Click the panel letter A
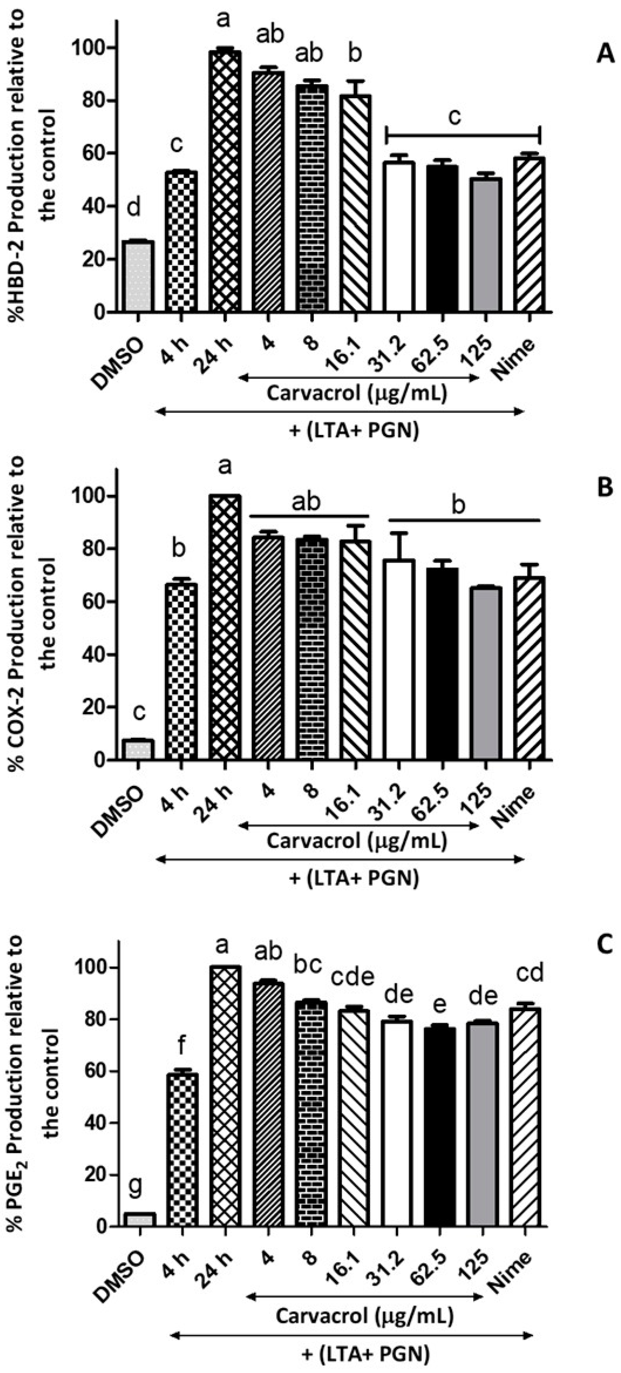[x=605, y=54]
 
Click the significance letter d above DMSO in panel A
[x=134, y=208]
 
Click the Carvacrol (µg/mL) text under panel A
[x=356, y=394]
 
